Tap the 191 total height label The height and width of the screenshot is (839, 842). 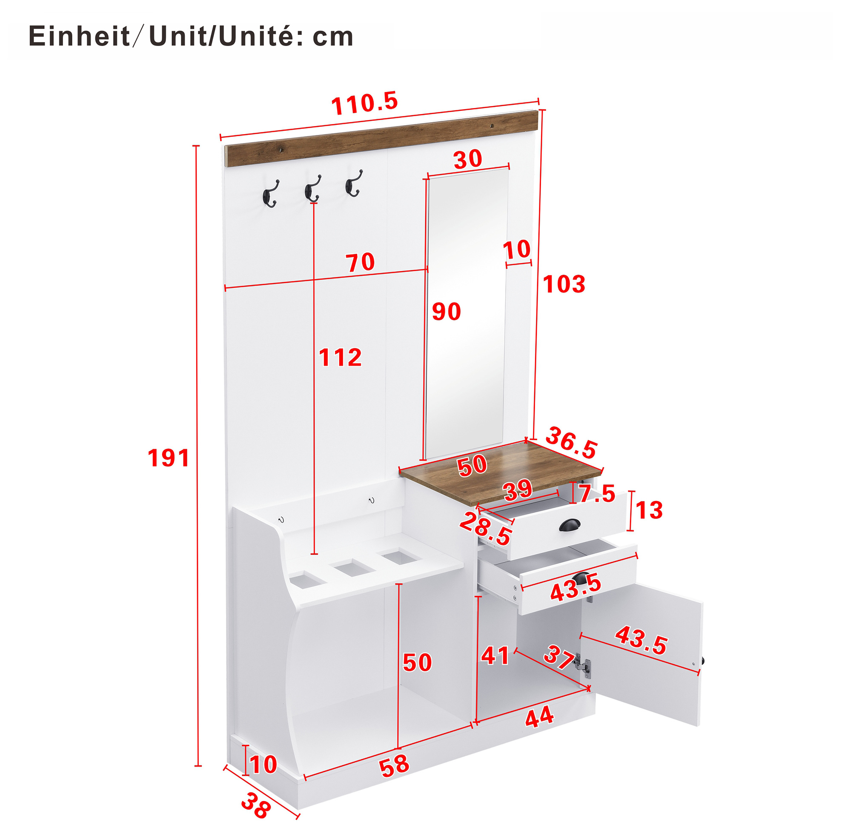(x=168, y=458)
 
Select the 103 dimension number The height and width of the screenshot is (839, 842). (x=564, y=284)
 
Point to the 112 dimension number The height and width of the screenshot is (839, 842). (x=340, y=358)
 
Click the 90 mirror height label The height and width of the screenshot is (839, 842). (x=446, y=312)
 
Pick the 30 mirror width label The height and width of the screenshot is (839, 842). (x=468, y=160)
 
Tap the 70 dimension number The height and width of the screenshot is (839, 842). (x=361, y=262)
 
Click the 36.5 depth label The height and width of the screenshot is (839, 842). (x=571, y=443)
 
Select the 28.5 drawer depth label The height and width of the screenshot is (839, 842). (x=486, y=529)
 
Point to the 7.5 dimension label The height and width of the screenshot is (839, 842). (x=597, y=494)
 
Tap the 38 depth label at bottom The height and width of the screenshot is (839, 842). (x=256, y=806)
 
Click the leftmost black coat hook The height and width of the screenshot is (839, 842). (x=270, y=194)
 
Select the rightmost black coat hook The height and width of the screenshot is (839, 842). (x=353, y=183)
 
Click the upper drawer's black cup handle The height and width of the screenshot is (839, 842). (x=569, y=526)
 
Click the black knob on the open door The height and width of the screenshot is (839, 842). (x=702, y=661)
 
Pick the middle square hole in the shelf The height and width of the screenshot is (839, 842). (x=352, y=568)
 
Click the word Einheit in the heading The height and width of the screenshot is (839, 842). (x=79, y=37)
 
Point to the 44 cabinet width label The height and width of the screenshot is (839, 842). (x=539, y=717)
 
